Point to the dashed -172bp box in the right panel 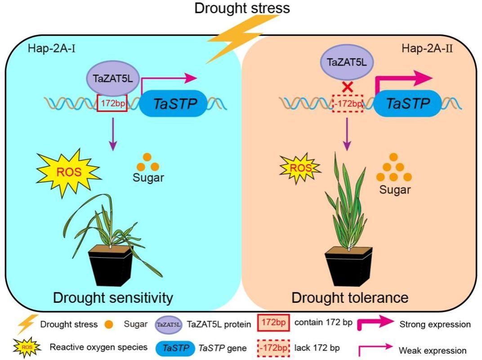347,104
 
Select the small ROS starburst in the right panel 299,168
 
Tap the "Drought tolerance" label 350,297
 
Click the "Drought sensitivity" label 113,297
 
